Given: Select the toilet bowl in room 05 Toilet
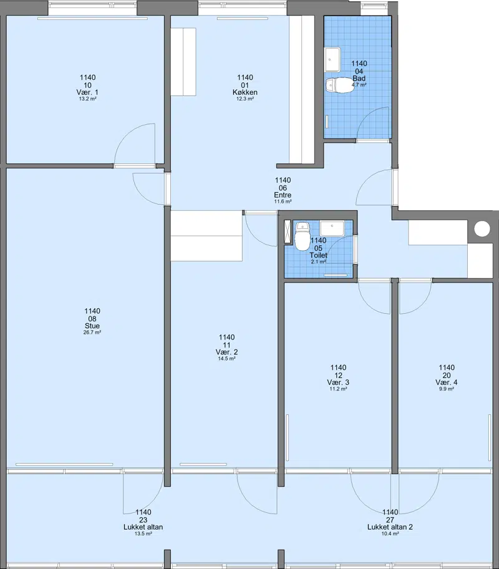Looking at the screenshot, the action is (301, 237).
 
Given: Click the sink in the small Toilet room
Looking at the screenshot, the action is (332, 228).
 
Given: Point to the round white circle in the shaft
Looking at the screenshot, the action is (482, 229).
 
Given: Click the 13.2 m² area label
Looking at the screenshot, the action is (88, 99).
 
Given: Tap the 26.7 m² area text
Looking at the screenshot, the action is (92, 332).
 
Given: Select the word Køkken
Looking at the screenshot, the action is (245, 92).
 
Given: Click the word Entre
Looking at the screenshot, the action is (283, 195).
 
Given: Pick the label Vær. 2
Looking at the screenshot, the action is (227, 352).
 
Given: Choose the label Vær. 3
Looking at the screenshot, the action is (338, 382).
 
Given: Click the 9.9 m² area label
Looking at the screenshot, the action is (447, 389).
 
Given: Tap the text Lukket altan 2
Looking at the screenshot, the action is (390, 527).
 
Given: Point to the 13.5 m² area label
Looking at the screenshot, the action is (143, 533).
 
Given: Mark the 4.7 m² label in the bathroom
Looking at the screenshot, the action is (359, 85).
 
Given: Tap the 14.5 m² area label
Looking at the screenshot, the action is (227, 359).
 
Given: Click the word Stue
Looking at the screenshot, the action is (92, 326).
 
